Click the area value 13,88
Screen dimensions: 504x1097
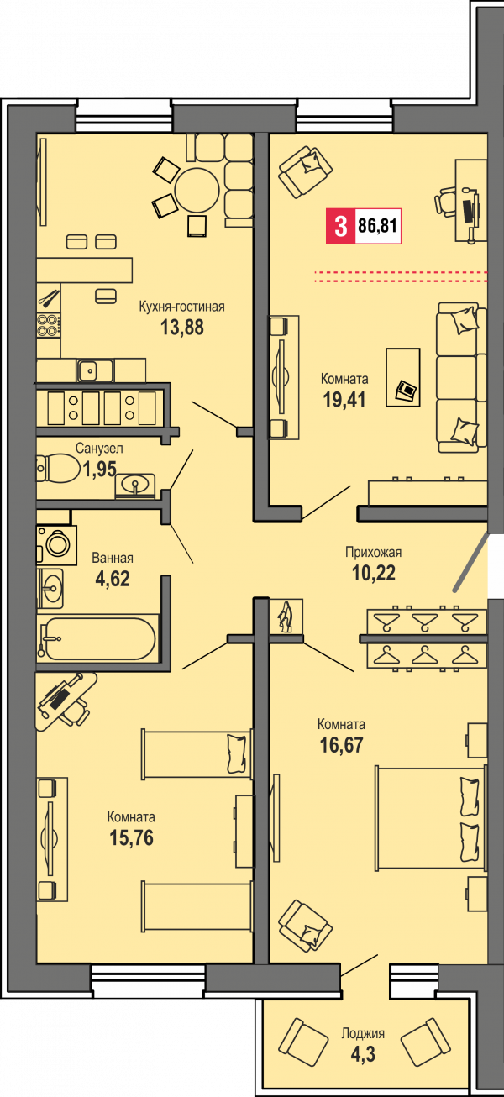[x=182, y=327]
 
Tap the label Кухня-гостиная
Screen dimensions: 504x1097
[x=181, y=307]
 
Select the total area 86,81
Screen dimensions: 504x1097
[x=377, y=226]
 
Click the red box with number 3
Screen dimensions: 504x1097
[x=340, y=226]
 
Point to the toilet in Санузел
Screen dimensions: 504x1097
[x=58, y=468]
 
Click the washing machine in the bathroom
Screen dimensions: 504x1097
[x=57, y=545]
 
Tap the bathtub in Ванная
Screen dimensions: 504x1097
[x=99, y=638]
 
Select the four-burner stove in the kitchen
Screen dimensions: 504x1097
[x=48, y=325]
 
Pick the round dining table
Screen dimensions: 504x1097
[x=197, y=190]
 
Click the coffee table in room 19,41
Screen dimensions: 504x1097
[x=402, y=377]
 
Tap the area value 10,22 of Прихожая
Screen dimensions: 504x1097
[x=374, y=573]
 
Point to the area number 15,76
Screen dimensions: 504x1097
[x=131, y=837]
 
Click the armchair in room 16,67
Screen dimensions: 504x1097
[x=305, y=926]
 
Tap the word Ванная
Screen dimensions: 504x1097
[x=113, y=558]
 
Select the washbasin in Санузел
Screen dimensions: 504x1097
[x=134, y=486]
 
